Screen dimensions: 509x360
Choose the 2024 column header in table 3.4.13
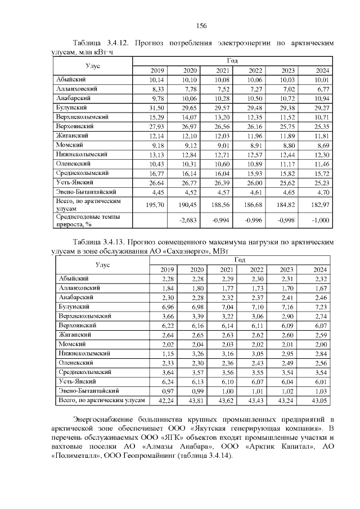321,269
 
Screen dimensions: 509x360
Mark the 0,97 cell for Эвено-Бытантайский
151,390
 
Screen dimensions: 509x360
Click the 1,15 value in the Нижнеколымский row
151,353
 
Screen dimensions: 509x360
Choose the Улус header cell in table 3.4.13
103,264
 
